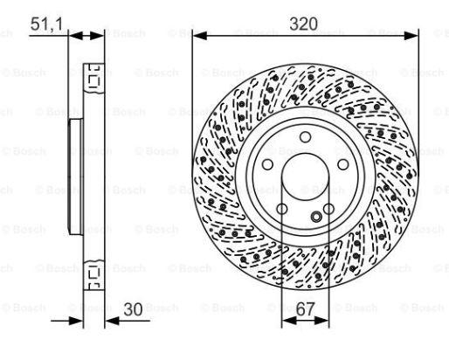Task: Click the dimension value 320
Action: click(303, 24)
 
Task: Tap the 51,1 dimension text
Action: click(46, 24)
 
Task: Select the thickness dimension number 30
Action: click(133, 309)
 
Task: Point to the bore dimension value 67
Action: click(306, 309)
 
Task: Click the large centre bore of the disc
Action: click(305, 177)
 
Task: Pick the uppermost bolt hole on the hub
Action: click(305, 137)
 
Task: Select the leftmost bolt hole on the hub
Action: click(267, 164)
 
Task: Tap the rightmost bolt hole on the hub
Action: click(343, 164)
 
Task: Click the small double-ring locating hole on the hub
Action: click(316, 217)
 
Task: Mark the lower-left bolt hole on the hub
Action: click(282, 209)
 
